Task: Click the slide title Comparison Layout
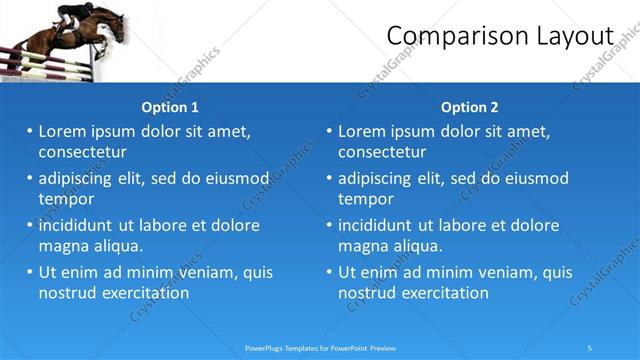pos(499,36)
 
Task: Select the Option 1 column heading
pos(170,107)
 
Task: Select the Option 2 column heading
pos(469,107)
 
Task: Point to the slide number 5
pos(589,347)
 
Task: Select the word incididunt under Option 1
pos(80,225)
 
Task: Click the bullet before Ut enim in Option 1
pos(29,272)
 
